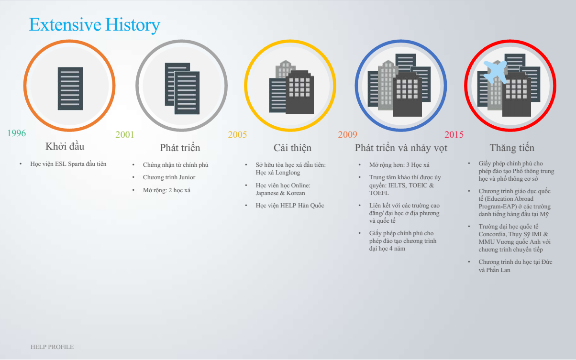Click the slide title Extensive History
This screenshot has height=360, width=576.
tap(95, 25)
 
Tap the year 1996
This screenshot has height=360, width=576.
tap(16, 133)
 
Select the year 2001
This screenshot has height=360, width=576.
tap(125, 134)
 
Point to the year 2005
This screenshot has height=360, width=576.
tap(237, 134)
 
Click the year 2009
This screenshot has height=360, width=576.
tap(347, 134)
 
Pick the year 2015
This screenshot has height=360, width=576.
tap(454, 134)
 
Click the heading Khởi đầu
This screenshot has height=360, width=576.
tap(65, 146)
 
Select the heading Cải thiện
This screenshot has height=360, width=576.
tap(292, 148)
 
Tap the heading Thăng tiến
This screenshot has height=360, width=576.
tap(512, 148)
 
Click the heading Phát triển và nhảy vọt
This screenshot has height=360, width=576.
tap(401, 148)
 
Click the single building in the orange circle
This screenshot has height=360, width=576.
tap(70, 88)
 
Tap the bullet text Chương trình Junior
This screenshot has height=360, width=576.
tap(169, 177)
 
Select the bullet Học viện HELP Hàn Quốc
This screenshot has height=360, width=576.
tap(290, 206)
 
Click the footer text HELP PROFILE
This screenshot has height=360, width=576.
tap(52, 347)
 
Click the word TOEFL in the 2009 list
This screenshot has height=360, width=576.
tap(379, 193)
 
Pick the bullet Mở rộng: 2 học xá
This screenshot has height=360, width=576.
tap(166, 190)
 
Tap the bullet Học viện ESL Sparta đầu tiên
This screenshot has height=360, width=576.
tap(68, 164)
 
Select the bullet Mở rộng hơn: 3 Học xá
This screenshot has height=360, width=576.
tap(399, 165)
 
